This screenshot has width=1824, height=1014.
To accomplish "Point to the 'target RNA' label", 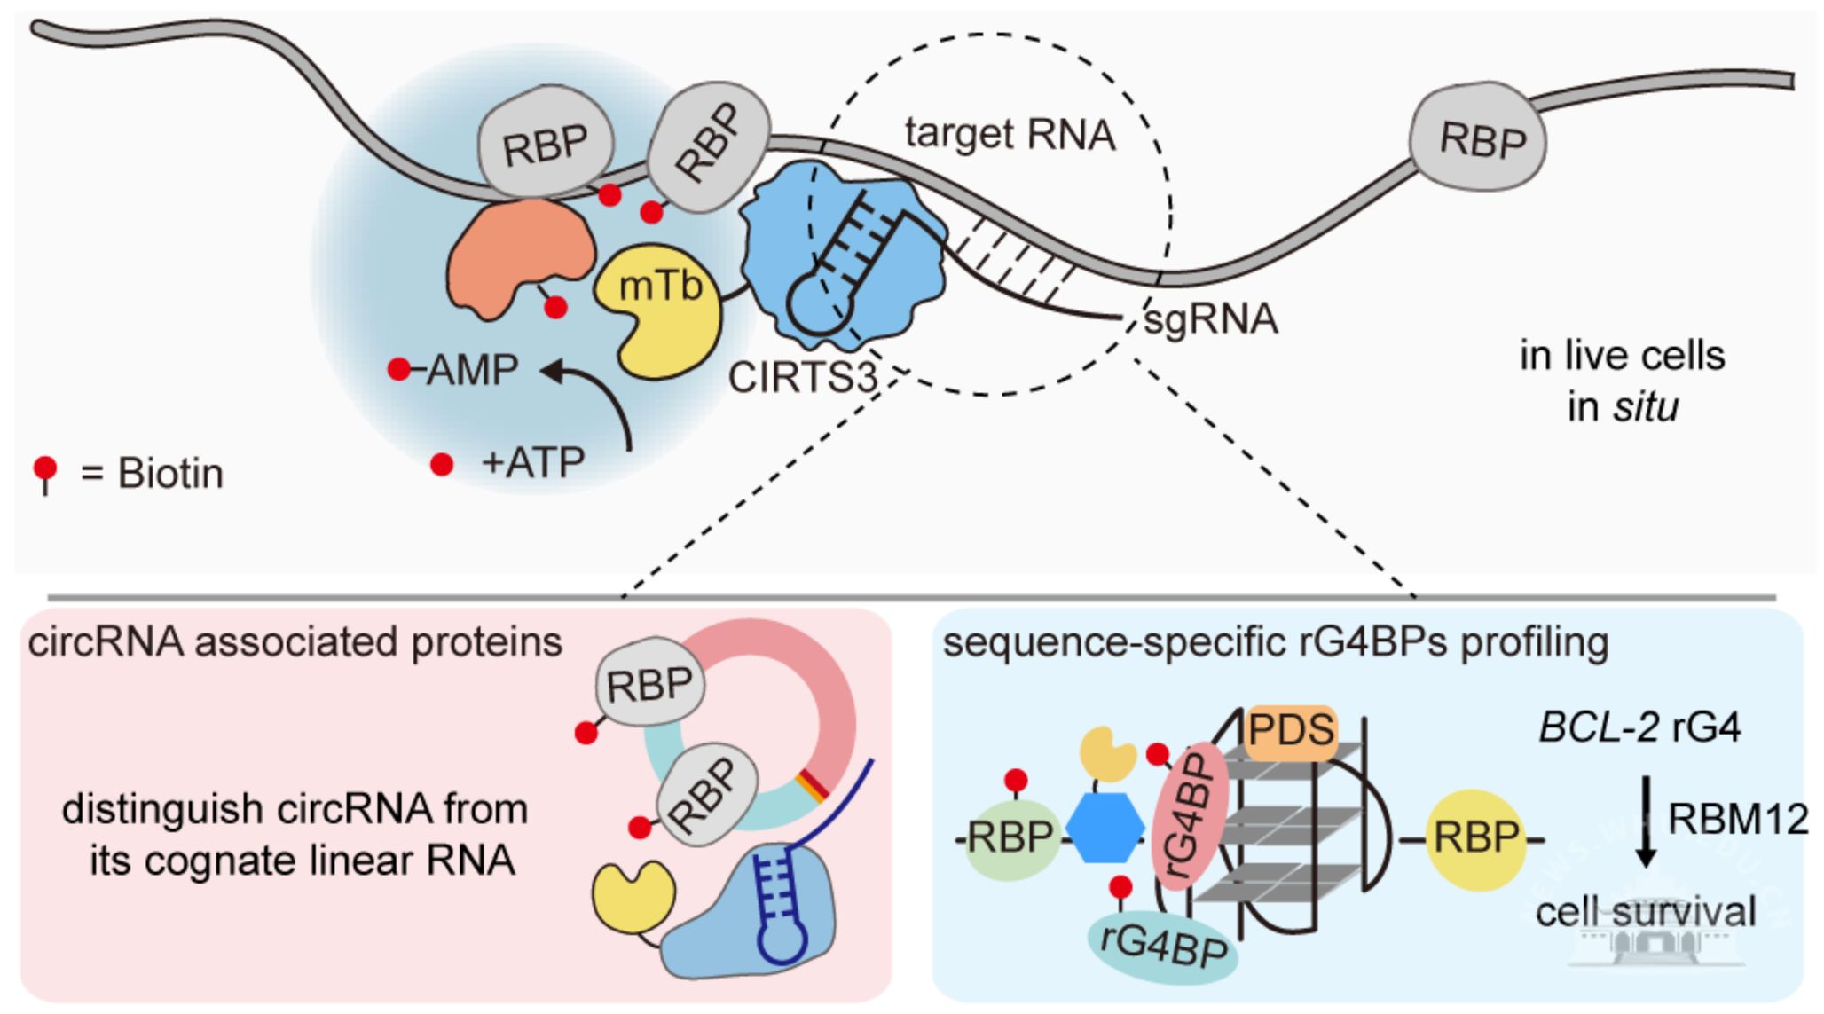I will pyautogui.click(x=1010, y=135).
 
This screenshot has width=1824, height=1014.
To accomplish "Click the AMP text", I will pyautogui.click(x=472, y=370).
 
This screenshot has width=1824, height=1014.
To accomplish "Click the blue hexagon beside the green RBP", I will pyautogui.click(x=1105, y=827).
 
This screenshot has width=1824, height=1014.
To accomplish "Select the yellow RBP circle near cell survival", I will pyautogui.click(x=1475, y=838).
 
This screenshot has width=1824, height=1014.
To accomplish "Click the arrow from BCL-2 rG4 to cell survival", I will pyautogui.click(x=1646, y=821).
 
